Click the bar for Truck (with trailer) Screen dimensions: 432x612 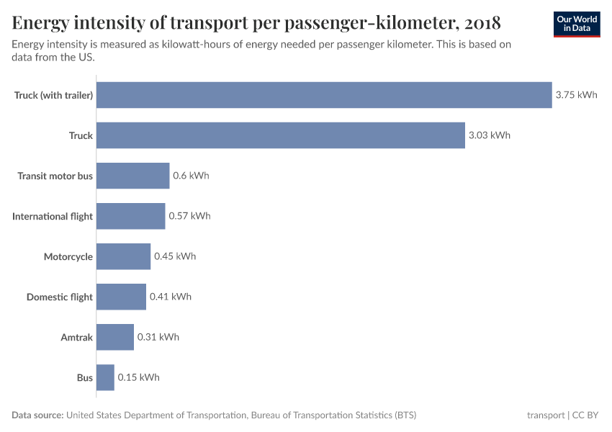324,95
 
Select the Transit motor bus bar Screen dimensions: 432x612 132,176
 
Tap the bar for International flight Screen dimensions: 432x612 130,216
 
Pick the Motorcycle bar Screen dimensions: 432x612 123,256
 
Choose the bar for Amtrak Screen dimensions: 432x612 115,337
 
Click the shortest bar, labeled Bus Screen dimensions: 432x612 105,377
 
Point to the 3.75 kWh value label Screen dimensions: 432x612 576,95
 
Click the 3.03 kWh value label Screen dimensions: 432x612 489,135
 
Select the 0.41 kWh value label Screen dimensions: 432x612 171,297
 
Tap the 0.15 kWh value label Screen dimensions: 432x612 139,377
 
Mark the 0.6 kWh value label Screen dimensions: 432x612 191,176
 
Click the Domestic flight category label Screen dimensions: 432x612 60,297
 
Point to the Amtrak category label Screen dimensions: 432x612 76,337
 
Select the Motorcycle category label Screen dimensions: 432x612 68,256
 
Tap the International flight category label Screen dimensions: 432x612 53,216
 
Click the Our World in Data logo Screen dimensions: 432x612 576,24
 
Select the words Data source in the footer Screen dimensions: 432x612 37,415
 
